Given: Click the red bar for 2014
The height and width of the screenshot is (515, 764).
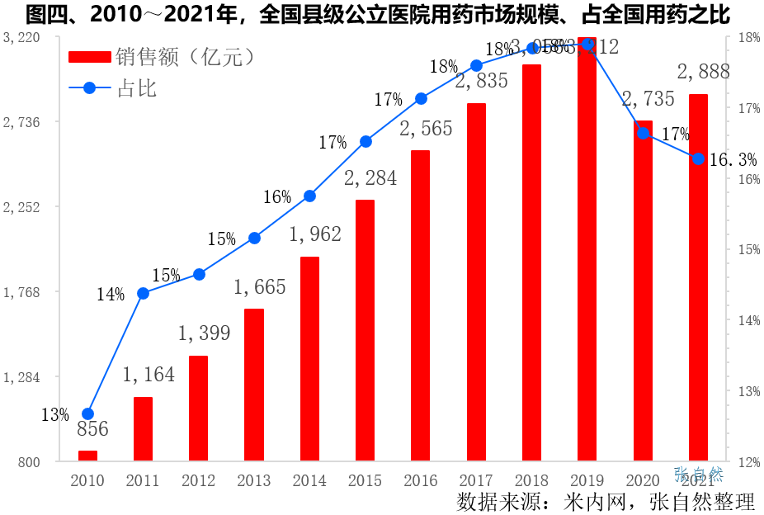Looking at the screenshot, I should pyautogui.click(x=309, y=359).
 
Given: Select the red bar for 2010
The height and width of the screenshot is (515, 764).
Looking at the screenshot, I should pyautogui.click(x=87, y=456).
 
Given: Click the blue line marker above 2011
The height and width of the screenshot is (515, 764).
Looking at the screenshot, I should pyautogui.click(x=143, y=293).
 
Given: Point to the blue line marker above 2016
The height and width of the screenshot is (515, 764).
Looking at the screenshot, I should pyautogui.click(x=421, y=98).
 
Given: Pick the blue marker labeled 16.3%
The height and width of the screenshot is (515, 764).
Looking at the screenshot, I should pyautogui.click(x=698, y=158).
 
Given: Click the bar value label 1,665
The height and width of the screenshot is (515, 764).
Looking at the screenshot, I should pyautogui.click(x=259, y=287).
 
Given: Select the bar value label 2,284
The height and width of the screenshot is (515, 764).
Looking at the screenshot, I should pyautogui.click(x=370, y=177).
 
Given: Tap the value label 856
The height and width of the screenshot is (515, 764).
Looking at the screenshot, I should pyautogui.click(x=92, y=429).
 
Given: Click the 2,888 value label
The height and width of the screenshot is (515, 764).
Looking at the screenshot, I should pyautogui.click(x=703, y=72).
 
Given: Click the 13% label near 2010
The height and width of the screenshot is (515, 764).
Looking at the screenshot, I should pyautogui.click(x=55, y=415).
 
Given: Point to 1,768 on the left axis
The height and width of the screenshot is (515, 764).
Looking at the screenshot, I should pyautogui.click(x=21, y=291).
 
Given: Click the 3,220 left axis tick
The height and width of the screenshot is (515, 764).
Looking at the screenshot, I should pyautogui.click(x=21, y=37).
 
